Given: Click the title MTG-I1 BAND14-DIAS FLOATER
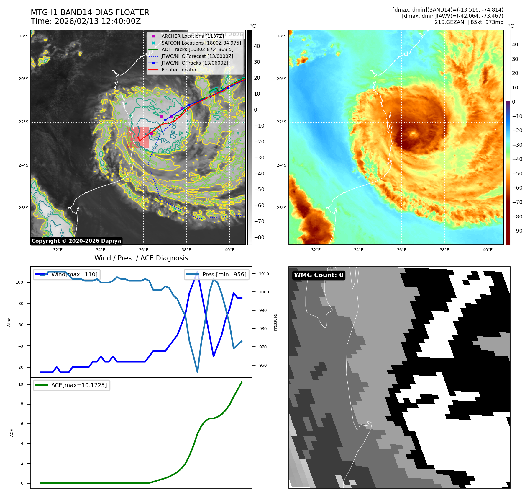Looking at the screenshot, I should click(90, 12).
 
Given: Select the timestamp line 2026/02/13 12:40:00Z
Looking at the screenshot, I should click(86, 22).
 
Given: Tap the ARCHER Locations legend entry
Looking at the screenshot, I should click(193, 36).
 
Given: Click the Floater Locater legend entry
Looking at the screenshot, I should click(179, 70).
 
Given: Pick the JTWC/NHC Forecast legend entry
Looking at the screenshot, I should click(197, 56).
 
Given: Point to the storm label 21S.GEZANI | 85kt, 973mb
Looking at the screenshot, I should click(469, 22).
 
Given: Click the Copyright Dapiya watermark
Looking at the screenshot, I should click(76, 241).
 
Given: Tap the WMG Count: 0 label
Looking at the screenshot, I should click(319, 275).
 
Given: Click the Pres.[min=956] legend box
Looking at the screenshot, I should click(217, 274).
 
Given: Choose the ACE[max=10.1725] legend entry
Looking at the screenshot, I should click(72, 385).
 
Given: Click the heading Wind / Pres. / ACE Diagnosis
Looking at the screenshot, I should click(141, 258).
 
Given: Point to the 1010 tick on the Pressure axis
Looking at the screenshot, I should click(264, 274).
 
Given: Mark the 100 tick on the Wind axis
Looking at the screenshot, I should click(19, 282).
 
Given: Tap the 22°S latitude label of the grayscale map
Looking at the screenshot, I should click(24, 122).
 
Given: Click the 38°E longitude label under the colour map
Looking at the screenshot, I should click(444, 250).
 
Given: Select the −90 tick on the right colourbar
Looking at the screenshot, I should click(517, 231).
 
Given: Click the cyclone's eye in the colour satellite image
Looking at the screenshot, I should click(413, 134).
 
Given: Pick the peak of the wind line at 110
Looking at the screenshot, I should click(197, 272).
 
